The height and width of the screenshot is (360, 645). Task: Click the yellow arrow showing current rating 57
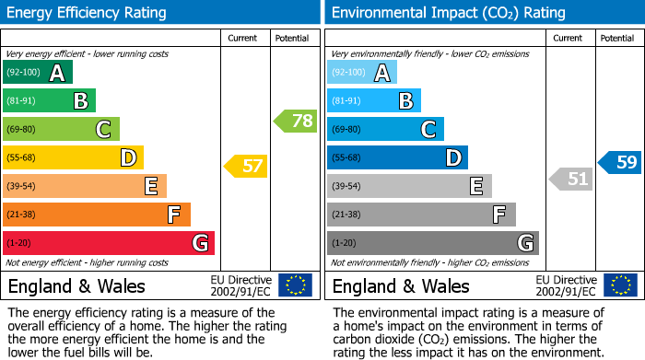pyautogui.click(x=245, y=167)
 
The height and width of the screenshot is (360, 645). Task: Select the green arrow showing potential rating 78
pyautogui.click(x=295, y=120)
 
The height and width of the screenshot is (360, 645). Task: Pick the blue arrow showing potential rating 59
pyautogui.click(x=619, y=162)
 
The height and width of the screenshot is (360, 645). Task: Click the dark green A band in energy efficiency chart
pyautogui.click(x=37, y=73)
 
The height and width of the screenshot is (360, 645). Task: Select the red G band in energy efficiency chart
pyautogui.click(x=109, y=243)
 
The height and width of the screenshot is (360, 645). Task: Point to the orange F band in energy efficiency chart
pyautogui.click(x=97, y=215)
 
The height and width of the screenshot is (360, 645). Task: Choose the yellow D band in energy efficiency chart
pyautogui.click(x=73, y=157)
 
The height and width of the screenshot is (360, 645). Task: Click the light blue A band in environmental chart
pyautogui.click(x=362, y=73)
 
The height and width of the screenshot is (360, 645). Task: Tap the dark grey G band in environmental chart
pyautogui.click(x=432, y=243)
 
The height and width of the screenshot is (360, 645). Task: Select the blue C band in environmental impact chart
pyautogui.click(x=385, y=129)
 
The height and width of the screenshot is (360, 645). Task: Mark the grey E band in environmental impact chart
pyautogui.click(x=409, y=186)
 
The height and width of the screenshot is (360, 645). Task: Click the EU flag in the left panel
pyautogui.click(x=295, y=285)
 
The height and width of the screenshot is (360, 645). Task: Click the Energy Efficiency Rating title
pyautogui.click(x=87, y=13)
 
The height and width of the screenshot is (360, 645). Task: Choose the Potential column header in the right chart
pyautogui.click(x=616, y=38)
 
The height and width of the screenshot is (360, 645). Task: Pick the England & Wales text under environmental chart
pyautogui.click(x=401, y=285)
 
